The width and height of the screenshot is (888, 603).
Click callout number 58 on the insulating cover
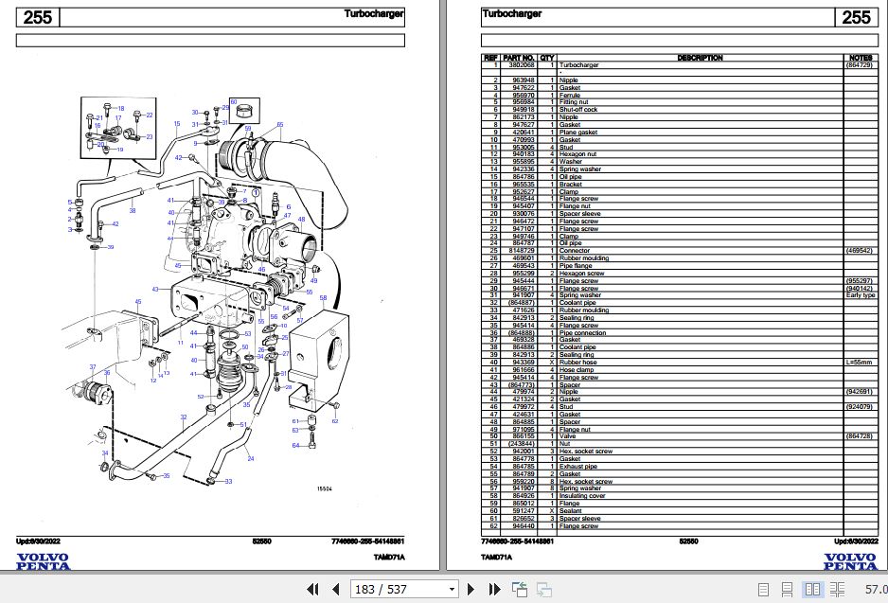323,299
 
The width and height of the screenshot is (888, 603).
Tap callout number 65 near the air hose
279,125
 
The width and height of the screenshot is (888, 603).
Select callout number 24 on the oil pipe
250,459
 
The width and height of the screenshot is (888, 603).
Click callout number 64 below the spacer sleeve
295,445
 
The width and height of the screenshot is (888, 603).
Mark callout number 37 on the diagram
93,367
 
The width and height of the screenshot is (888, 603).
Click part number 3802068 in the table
520,64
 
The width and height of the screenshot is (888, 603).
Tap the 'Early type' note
861,295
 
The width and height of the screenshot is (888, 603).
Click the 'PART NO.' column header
520,57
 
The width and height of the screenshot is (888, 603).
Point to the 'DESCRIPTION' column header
700,57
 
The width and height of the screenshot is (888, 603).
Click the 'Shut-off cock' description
579,109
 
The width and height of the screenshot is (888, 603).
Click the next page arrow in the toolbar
494,590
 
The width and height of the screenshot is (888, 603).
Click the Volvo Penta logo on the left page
44,560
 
